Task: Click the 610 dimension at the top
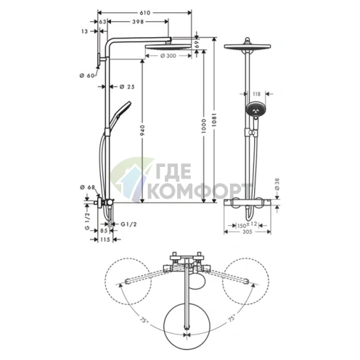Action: pyautogui.click(x=145, y=13)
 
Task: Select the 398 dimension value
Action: pyautogui.click(x=138, y=22)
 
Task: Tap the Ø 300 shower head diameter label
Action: pyautogui.click(x=168, y=56)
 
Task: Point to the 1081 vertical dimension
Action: pyautogui.click(x=214, y=120)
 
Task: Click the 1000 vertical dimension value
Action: pyautogui.click(x=203, y=126)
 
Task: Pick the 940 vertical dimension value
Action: pyautogui.click(x=142, y=130)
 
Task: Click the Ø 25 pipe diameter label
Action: pyautogui.click(x=127, y=86)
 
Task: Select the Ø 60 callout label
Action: pyautogui.click(x=87, y=75)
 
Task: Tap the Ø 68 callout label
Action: pyautogui.click(x=87, y=187)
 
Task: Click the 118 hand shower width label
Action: pyautogui.click(x=256, y=94)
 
